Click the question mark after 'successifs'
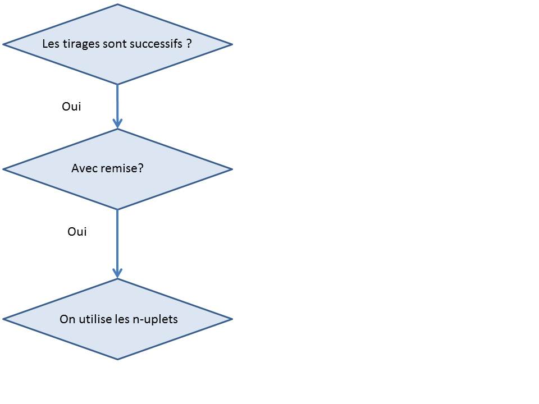189,44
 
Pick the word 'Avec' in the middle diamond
84,168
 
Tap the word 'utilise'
95,319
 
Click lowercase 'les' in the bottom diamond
122,319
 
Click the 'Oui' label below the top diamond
71,107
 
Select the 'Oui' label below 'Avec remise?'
77,232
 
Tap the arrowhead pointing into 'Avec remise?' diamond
117,123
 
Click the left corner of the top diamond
3,44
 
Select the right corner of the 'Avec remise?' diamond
232,169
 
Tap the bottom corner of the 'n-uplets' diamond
117,359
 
